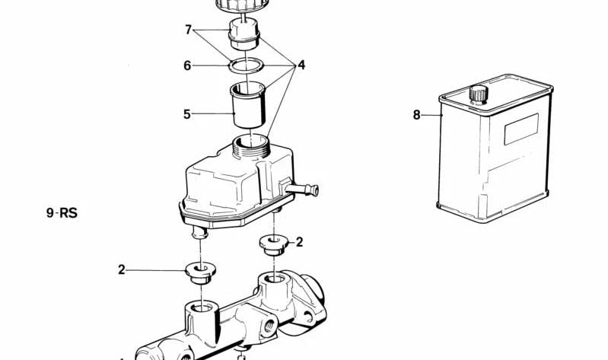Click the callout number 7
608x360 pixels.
[189, 30]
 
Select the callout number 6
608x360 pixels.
[187, 65]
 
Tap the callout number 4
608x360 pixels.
[301, 65]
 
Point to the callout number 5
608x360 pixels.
[187, 114]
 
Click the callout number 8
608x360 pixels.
[416, 115]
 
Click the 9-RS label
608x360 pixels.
[62, 213]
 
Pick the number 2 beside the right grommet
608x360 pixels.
[299, 242]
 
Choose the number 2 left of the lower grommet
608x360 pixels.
[122, 269]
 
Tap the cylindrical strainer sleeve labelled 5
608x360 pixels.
[248, 105]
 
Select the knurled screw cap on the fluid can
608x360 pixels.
[479, 94]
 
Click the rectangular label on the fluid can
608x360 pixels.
[521, 129]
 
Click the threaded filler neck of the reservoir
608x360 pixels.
[250, 146]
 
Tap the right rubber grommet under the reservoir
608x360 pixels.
[274, 245]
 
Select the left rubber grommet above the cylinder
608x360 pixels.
[200, 272]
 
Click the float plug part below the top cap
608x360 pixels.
[244, 34]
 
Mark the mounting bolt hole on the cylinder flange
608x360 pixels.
[308, 317]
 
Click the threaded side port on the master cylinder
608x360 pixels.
[269, 325]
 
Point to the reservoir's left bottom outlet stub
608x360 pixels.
[200, 233]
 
